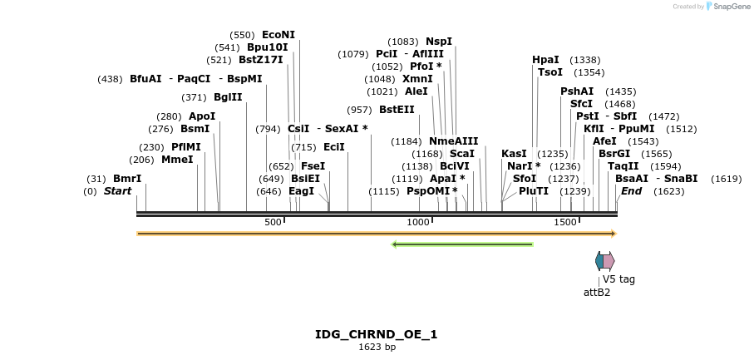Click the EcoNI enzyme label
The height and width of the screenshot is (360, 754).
point(278,35)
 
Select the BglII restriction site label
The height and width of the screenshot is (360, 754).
point(228,97)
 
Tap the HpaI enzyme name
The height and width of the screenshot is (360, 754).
point(545,60)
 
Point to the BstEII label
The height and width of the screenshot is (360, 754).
point(397,110)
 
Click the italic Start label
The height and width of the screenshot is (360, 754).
point(117,191)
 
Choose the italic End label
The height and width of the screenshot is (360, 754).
point(631,191)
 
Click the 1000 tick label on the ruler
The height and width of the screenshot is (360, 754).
point(418,222)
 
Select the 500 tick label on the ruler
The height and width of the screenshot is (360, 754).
point(273,222)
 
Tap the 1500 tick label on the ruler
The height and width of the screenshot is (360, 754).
point(564,222)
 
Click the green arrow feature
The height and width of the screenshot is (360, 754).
point(462,244)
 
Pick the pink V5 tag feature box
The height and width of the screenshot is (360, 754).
point(609,261)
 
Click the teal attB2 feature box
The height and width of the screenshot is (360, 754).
point(599,261)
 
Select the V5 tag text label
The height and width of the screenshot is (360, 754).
point(618,279)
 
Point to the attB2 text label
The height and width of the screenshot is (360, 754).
point(596,292)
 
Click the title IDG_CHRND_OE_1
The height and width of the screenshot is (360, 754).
point(376,334)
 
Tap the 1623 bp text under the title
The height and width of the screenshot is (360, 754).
point(377,347)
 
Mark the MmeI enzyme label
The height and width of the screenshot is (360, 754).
point(177,160)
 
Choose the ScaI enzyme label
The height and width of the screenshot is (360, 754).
point(461,154)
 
